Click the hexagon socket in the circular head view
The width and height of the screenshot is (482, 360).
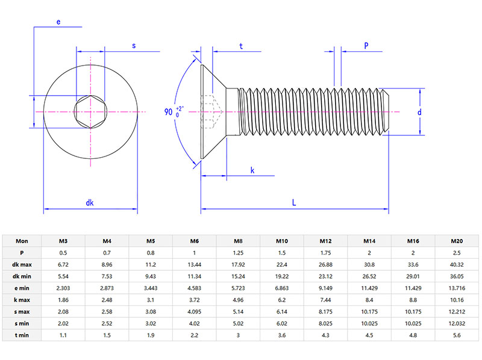90,112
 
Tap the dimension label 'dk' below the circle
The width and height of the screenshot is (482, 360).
90,203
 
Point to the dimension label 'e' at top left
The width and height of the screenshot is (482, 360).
58,22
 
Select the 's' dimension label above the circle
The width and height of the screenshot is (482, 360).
134,45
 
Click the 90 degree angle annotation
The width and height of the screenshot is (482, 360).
172,112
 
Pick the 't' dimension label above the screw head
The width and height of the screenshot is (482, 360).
241,46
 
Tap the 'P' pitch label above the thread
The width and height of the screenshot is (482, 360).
366,46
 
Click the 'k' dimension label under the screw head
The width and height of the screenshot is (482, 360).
252,171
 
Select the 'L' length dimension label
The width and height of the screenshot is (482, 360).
294,203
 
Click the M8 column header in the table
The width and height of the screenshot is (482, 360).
238,241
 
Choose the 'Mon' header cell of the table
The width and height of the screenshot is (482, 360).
22,241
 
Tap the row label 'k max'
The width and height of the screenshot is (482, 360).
22,299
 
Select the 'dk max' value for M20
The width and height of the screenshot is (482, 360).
457,264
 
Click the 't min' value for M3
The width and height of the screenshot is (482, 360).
63,334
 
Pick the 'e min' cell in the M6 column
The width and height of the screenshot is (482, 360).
194,288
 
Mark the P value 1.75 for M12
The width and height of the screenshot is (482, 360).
325,253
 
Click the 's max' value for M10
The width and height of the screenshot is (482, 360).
282,311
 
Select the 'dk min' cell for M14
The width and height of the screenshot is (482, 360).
369,276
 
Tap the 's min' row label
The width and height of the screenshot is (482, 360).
22,323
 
